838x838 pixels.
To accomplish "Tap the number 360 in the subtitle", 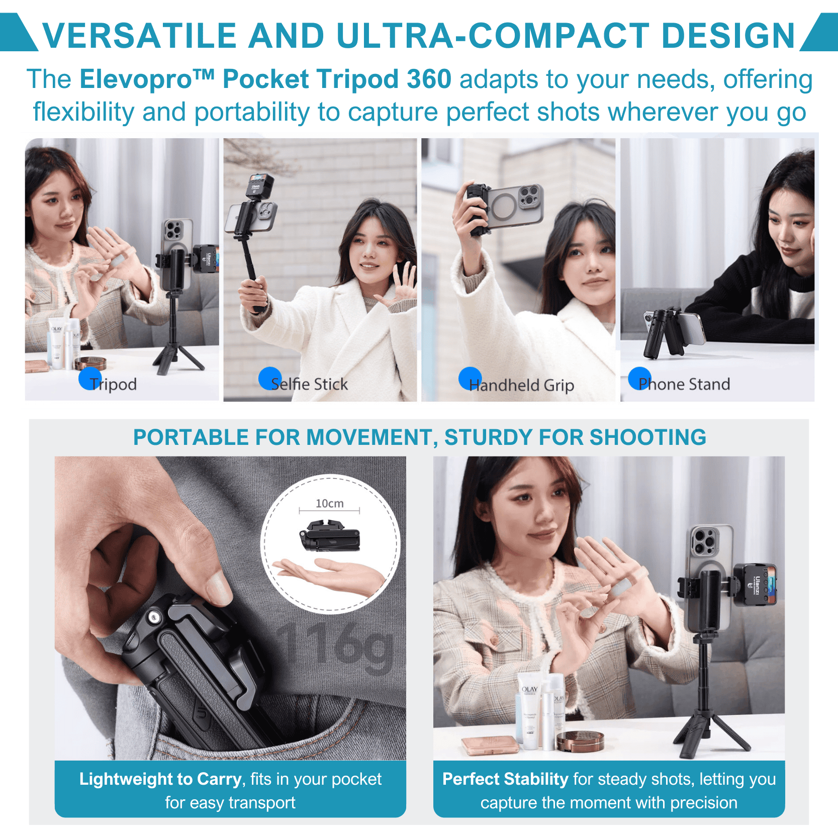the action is point(429,79).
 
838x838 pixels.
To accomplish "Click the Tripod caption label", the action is point(113,384).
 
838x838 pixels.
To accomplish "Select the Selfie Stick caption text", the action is point(309,384).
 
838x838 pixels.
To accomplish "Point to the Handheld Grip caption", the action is point(521,385).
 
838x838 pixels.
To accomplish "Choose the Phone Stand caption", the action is point(684,384).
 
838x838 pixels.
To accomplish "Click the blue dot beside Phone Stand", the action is point(640,379).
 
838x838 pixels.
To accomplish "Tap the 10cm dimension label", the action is point(330,503).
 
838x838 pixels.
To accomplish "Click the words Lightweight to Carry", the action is point(161,779).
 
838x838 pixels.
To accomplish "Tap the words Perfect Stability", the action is point(505,779).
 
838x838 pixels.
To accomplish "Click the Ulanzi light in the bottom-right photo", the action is point(755,584).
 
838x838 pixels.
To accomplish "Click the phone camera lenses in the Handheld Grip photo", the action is point(530,196).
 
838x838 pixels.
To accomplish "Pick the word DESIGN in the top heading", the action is point(728,36).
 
